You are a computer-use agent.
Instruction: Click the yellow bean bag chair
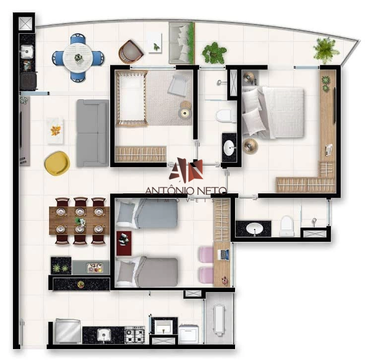[x=57, y=164]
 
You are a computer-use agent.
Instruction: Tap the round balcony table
[x=77, y=57]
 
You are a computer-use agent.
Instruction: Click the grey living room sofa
[x=93, y=133]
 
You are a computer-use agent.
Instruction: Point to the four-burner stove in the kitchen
[x=135, y=335]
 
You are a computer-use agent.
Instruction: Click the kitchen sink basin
[x=104, y=335]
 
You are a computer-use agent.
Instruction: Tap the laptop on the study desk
[x=224, y=255]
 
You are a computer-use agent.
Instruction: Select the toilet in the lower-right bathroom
[x=287, y=226]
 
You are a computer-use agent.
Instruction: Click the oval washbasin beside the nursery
[x=230, y=148]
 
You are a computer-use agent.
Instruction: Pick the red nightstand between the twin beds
[x=124, y=243]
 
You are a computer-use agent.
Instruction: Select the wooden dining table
[x=79, y=221]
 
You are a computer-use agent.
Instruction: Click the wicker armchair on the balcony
[x=130, y=52]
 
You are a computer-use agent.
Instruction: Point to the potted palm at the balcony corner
[x=325, y=50]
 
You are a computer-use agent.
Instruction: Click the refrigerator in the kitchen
[x=67, y=332]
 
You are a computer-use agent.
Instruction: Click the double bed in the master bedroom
[x=273, y=113]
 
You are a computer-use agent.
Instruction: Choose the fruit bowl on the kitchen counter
[x=81, y=284]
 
